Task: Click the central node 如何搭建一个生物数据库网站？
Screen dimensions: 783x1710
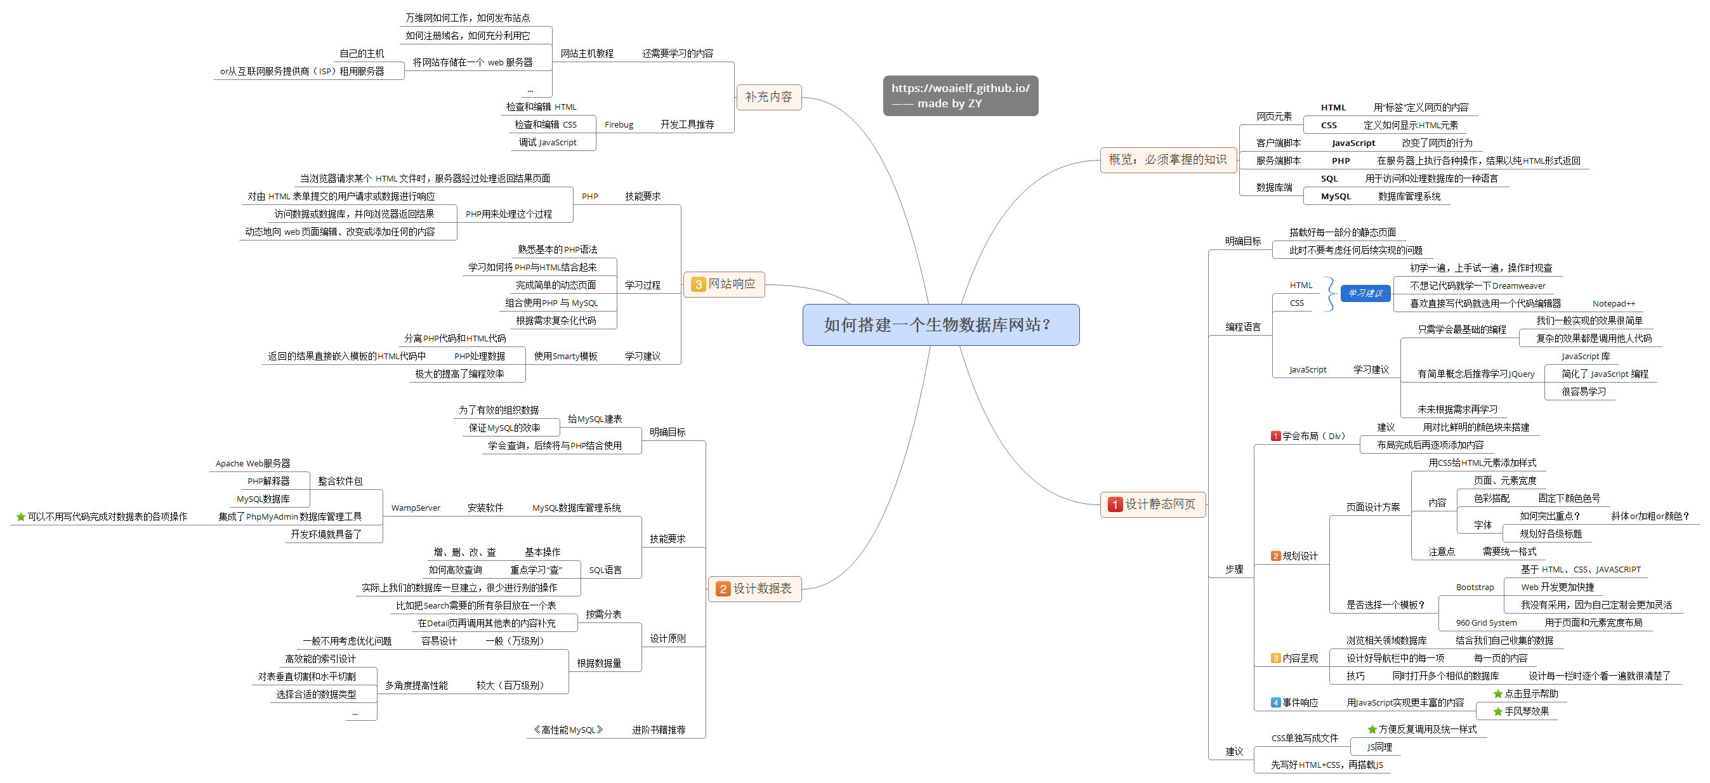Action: point(940,324)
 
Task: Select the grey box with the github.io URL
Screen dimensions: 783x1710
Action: point(960,96)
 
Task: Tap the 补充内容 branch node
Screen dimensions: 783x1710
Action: point(768,97)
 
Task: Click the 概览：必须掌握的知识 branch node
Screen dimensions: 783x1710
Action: point(1167,160)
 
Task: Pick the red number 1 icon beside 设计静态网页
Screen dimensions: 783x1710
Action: point(1115,504)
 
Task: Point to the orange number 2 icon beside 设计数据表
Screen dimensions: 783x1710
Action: point(723,589)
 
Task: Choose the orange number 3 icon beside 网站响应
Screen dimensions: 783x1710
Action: point(699,285)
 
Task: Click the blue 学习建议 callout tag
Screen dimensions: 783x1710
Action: point(1365,293)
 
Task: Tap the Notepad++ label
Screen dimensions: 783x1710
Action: point(1613,304)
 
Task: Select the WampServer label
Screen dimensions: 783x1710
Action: point(416,508)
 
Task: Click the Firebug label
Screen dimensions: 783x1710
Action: point(619,125)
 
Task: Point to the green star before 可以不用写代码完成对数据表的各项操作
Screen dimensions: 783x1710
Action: point(20,517)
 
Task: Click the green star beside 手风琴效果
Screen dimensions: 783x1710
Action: point(1497,711)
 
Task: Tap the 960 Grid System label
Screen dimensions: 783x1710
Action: point(1485,622)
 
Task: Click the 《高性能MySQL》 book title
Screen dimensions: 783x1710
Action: point(569,730)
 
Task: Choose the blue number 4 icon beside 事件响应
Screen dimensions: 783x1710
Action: point(1275,702)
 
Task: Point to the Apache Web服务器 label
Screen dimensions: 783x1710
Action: point(253,463)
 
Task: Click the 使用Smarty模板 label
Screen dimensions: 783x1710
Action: point(565,357)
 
